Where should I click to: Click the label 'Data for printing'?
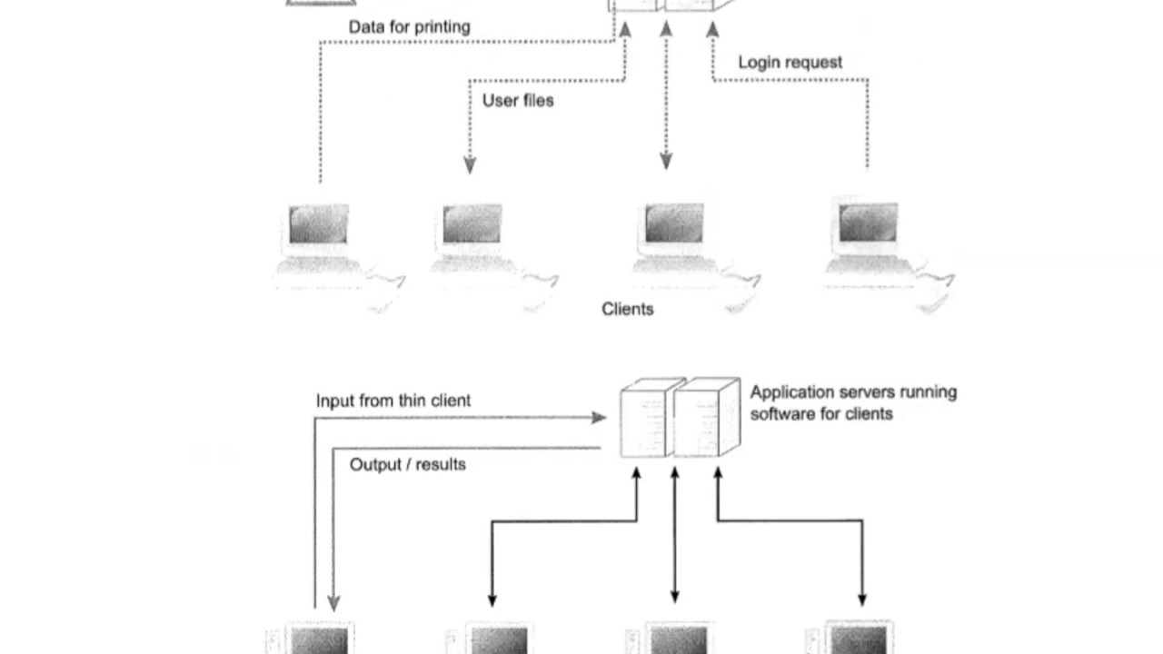pos(409,27)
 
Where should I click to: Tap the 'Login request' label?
pos(790,62)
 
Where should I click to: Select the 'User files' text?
pos(517,100)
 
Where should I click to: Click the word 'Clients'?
pos(627,309)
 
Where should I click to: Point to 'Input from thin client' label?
pos(393,401)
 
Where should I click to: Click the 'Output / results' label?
pos(407,464)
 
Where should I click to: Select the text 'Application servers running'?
pos(852,392)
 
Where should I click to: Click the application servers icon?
pos(679,418)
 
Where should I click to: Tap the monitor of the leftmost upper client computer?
pos(318,223)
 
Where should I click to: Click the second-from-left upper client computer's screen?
pos(472,223)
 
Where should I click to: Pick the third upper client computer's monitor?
pos(673,223)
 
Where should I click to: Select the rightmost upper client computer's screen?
pos(868,223)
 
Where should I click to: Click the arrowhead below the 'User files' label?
pos(470,165)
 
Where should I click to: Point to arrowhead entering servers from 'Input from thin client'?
pos(599,418)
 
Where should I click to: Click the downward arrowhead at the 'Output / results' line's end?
pos(333,602)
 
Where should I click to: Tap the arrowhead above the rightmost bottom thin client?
pos(861,599)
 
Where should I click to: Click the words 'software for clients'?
pos(820,414)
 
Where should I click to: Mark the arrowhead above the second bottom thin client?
pos(492,599)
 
